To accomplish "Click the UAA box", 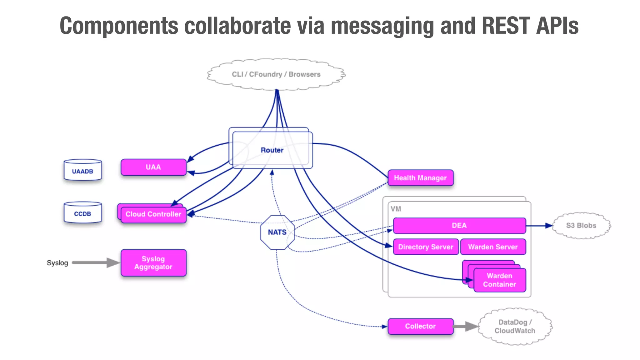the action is pos(153,167).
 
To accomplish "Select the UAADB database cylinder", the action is pos(83,170).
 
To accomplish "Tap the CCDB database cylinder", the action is pos(83,212).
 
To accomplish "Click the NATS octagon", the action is pos(277,232).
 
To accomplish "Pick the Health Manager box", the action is pos(421,178).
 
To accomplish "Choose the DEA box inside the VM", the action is pos(459,226).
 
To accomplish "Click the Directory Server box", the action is pos(426,247).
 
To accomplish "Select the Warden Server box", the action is pos(493,247).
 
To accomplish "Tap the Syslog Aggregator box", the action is pos(153,263).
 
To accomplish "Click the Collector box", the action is pos(421,327).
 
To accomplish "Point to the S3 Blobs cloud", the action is pos(582,226).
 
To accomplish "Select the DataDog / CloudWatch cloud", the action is pos(515,327).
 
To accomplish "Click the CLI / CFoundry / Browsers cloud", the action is pos(276,74).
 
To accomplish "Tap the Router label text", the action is pos(272,150).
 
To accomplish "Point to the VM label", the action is pos(396,209).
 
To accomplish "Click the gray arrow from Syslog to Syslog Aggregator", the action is pos(96,263).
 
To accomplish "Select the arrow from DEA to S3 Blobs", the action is pos(539,226).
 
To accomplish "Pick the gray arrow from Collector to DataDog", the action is pos(466,327).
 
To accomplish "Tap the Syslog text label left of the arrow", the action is pos(57,263).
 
